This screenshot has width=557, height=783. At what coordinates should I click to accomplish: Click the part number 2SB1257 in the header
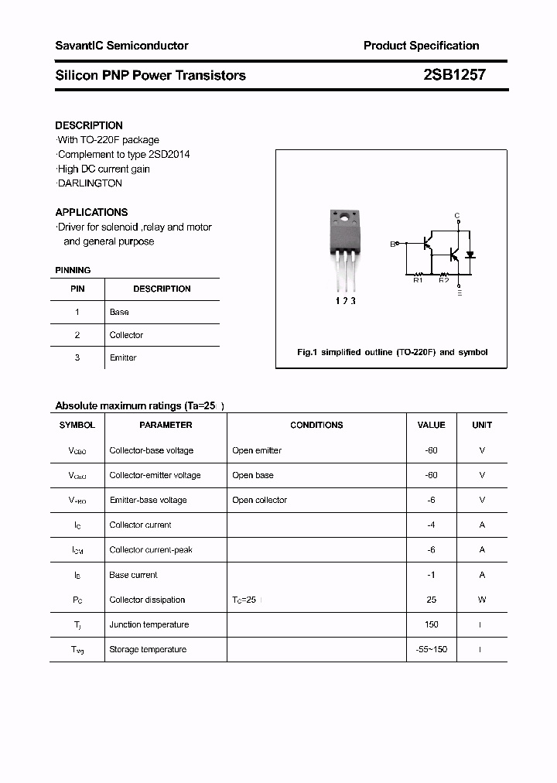pyautogui.click(x=454, y=75)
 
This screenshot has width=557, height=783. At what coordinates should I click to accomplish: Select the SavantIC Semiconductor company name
pyautogui.click(x=121, y=46)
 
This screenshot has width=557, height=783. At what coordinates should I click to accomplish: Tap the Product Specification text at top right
pyautogui.click(x=421, y=46)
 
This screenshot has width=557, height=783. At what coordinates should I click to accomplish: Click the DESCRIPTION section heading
pyautogui.click(x=89, y=125)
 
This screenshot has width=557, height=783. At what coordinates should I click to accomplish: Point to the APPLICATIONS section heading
pyautogui.click(x=91, y=212)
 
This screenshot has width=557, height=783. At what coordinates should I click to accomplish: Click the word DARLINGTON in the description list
pyautogui.click(x=90, y=183)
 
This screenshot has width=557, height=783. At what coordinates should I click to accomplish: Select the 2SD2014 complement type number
pyautogui.click(x=168, y=154)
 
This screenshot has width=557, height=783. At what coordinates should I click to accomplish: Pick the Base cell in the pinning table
pyautogui.click(x=119, y=312)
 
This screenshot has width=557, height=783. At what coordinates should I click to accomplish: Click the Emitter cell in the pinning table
pyautogui.click(x=123, y=357)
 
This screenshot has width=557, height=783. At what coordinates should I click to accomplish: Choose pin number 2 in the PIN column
pyautogui.click(x=77, y=335)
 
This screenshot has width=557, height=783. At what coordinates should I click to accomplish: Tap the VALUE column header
pyautogui.click(x=431, y=425)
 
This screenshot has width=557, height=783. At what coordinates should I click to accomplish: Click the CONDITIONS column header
pyautogui.click(x=316, y=425)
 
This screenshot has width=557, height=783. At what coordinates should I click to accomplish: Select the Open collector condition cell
pyautogui.click(x=259, y=500)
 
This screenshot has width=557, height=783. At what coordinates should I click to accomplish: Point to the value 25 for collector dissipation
pyautogui.click(x=432, y=600)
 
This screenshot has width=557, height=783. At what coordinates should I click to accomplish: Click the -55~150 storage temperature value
pyautogui.click(x=432, y=649)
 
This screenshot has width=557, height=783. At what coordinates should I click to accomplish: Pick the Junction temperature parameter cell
pyautogui.click(x=148, y=624)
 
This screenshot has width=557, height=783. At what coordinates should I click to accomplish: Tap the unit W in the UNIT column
pyautogui.click(x=482, y=600)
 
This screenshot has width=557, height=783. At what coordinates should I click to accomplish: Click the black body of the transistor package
pyautogui.click(x=343, y=235)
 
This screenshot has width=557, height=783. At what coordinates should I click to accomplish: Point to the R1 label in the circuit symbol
pyautogui.click(x=418, y=280)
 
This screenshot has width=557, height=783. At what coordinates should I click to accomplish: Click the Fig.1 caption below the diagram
pyautogui.click(x=392, y=352)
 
